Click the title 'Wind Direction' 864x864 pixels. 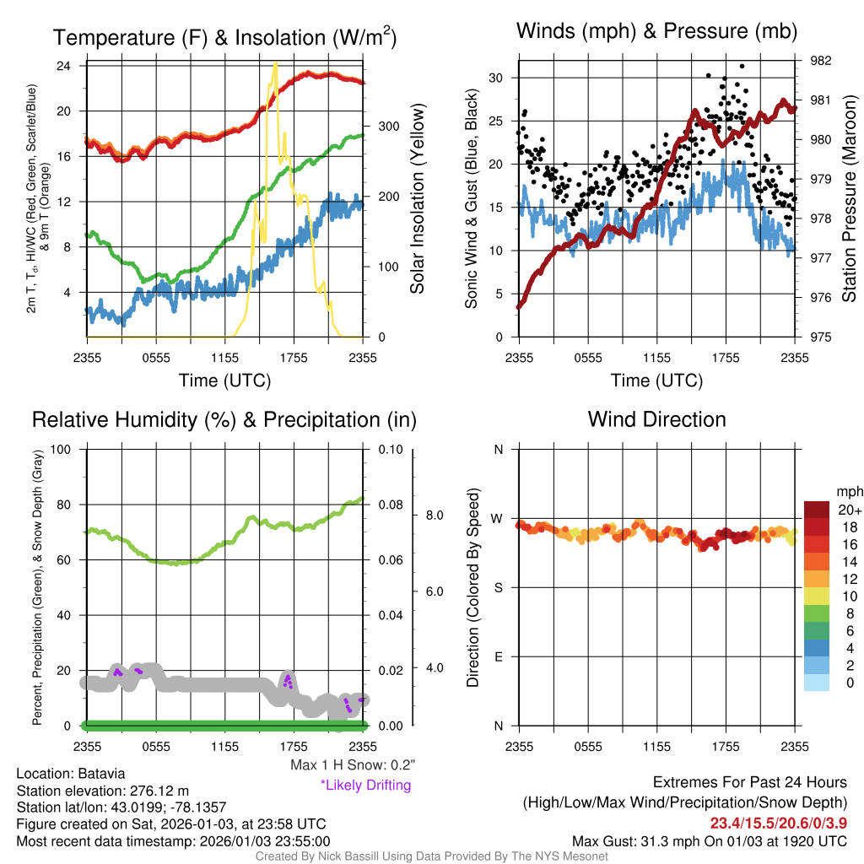(656, 419)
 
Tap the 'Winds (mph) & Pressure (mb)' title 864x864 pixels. (656, 31)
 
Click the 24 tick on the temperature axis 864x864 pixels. (62, 66)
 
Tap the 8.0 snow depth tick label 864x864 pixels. (434, 515)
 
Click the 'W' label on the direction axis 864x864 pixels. (498, 518)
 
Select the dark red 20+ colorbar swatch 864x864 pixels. (817, 510)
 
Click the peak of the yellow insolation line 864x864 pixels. (275, 63)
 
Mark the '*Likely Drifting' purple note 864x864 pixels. (365, 785)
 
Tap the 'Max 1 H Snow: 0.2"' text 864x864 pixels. (352, 765)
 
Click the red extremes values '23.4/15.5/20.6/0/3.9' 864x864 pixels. (778, 823)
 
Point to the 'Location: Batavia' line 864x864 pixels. (71, 774)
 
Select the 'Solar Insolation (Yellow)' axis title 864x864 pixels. (417, 199)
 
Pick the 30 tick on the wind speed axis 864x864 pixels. (496, 78)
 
